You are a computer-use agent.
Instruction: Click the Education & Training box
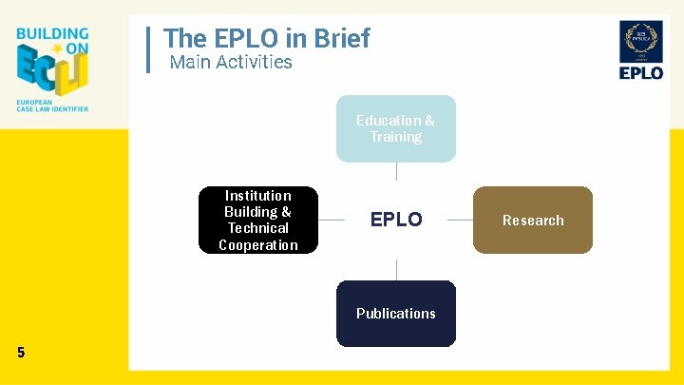[x=395, y=128]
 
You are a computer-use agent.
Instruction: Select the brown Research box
[x=532, y=220]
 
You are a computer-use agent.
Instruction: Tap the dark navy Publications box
[x=395, y=313]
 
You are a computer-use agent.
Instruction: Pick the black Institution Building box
[x=257, y=220]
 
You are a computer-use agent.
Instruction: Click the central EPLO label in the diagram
[x=396, y=220]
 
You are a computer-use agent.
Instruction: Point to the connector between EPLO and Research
[x=460, y=220]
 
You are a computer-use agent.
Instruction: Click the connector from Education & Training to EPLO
[x=396, y=171]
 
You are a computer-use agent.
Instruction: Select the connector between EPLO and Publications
[x=396, y=270]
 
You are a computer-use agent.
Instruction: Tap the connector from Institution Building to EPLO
[x=331, y=220]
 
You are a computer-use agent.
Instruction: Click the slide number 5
[x=21, y=353]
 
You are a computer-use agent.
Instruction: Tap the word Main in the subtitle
[x=189, y=63]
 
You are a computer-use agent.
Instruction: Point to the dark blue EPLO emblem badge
[x=641, y=42]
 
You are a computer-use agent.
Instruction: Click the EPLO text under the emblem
[x=641, y=73]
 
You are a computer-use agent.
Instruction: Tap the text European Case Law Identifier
[x=52, y=106]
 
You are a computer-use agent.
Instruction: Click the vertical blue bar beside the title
[x=150, y=49]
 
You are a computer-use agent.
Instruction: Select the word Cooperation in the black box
[x=257, y=245]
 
